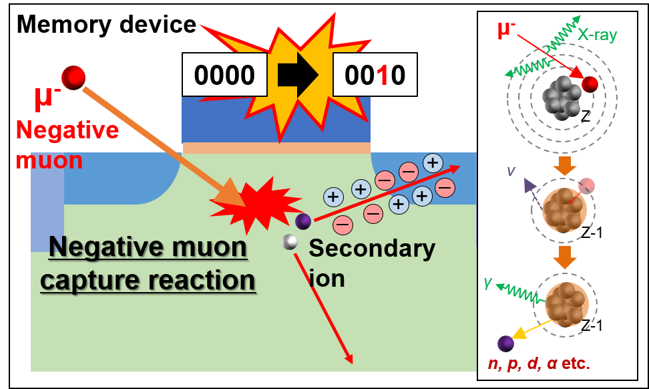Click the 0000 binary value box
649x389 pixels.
[x=224, y=75]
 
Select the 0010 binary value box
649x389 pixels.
[x=375, y=75]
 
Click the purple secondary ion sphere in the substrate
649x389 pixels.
[x=304, y=221]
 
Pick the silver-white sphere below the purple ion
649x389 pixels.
[x=290, y=242]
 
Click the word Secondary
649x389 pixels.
[x=371, y=249]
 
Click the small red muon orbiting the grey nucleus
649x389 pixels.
[x=590, y=84]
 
